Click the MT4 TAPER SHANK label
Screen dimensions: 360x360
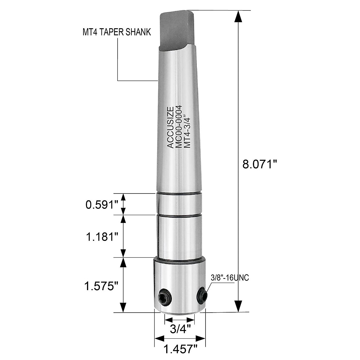pyautogui.click(x=117, y=32)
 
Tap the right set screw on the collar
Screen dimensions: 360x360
pyautogui.click(x=201, y=295)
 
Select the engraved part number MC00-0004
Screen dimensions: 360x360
pyautogui.click(x=179, y=126)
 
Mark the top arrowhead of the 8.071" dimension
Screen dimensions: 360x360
pyautogui.click(x=238, y=17)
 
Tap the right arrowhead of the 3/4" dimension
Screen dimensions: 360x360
pyautogui.click(x=191, y=319)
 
